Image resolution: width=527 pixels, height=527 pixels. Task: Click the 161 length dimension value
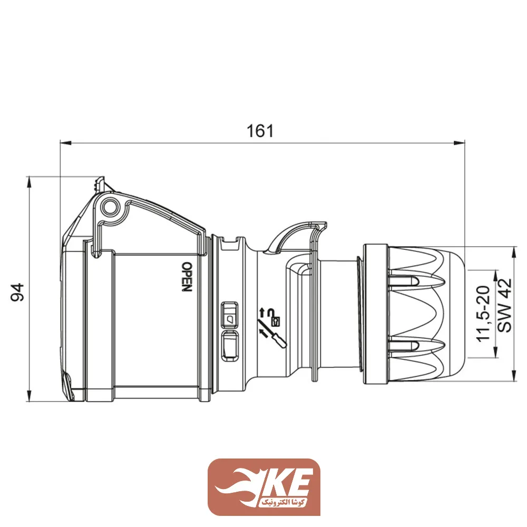pyautogui.click(x=261, y=130)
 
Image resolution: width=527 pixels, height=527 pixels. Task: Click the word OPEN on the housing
pyautogui.click(x=186, y=277)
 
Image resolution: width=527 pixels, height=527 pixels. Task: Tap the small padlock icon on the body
pyautogui.click(x=275, y=319)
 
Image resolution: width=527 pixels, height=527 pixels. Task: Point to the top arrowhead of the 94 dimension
pyautogui.click(x=30, y=182)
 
